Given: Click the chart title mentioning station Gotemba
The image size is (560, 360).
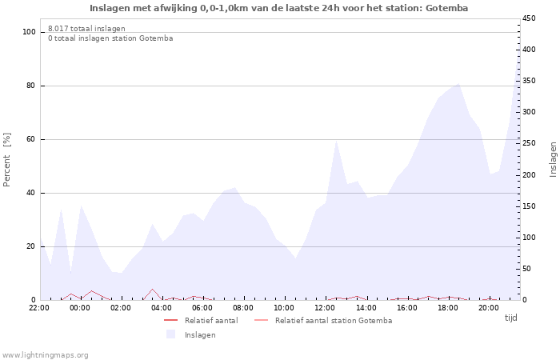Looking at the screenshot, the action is click(x=278, y=8).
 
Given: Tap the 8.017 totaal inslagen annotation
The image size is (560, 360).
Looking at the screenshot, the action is click(x=86, y=29).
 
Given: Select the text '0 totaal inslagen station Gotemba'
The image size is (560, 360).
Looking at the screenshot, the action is click(x=110, y=38).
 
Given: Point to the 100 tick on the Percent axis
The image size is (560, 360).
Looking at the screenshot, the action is click(x=30, y=32).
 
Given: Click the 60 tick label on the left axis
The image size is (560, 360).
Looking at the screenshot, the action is click(x=30, y=139).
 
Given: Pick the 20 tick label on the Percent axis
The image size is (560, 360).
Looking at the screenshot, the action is click(x=30, y=246).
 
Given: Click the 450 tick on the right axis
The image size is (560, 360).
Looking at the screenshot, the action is click(x=529, y=18).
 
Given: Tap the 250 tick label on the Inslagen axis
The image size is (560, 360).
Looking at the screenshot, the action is click(x=529, y=143).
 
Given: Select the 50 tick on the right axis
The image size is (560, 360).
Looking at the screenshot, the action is click(x=526, y=269).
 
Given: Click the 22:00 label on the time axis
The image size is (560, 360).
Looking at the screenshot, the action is click(x=39, y=308).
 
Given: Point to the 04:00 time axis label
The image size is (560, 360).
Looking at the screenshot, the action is click(x=162, y=308).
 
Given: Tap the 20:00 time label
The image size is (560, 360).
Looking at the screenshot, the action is click(x=489, y=308).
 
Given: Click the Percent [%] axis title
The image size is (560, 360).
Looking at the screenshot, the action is click(x=6, y=160).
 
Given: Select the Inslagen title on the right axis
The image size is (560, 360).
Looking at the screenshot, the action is click(x=553, y=159).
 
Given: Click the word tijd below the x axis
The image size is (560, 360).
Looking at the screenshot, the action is click(x=510, y=318).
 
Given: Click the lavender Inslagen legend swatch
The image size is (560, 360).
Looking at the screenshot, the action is click(x=170, y=334).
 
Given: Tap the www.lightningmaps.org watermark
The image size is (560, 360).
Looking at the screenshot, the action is click(x=45, y=355).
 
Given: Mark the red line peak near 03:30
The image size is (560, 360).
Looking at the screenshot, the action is click(x=153, y=289).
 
